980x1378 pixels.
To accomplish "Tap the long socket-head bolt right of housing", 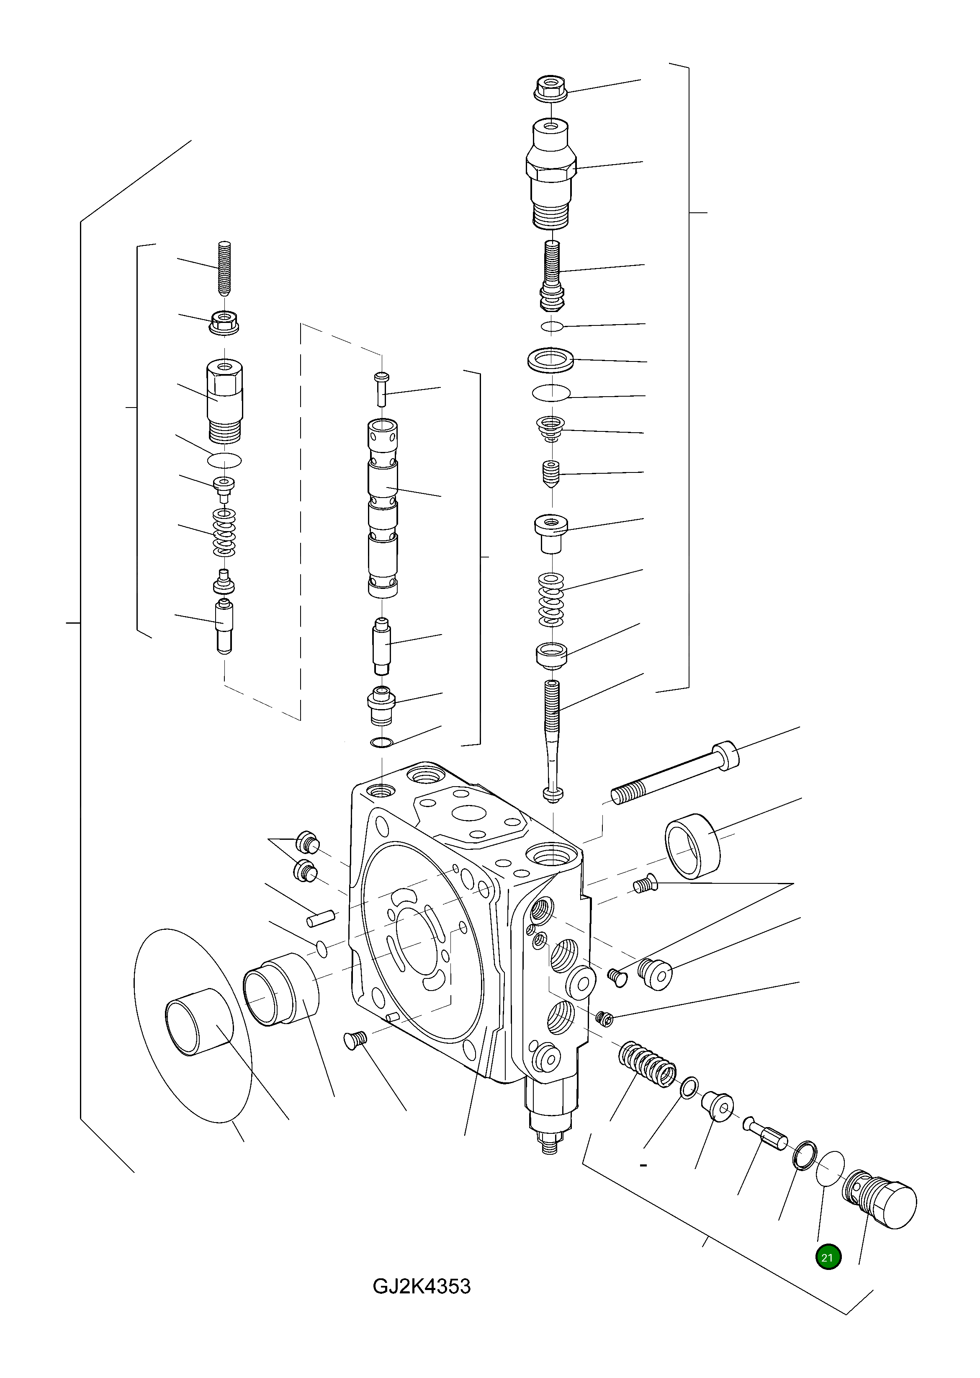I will click(676, 773).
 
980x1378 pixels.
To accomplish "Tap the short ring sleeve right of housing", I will click(693, 845).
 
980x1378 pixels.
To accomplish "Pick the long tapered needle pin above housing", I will click(553, 739).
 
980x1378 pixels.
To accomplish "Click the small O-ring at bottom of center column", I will click(382, 742).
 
